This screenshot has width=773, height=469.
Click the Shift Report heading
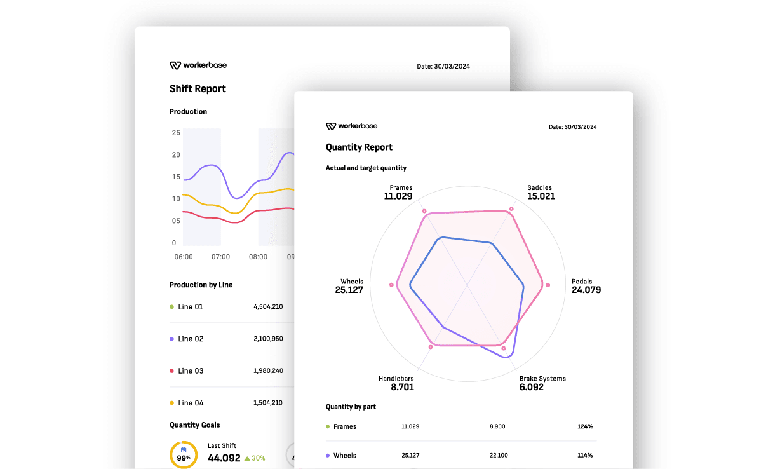pyautogui.click(x=198, y=89)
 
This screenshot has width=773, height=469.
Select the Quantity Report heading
pyautogui.click(x=359, y=147)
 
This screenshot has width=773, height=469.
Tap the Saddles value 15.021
pyautogui.click(x=541, y=196)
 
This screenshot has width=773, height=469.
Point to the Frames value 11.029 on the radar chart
pyautogui.click(x=398, y=196)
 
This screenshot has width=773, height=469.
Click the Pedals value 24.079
pyautogui.click(x=586, y=290)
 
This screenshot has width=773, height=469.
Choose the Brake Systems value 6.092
pyautogui.click(x=531, y=387)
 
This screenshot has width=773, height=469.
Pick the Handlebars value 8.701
pyautogui.click(x=402, y=387)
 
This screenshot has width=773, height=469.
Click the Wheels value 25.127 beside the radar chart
pyautogui.click(x=349, y=290)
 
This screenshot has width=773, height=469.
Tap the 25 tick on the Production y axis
pyautogui.click(x=176, y=133)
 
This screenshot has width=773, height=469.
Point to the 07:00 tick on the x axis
pyautogui.click(x=220, y=257)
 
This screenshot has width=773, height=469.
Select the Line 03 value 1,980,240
pyautogui.click(x=268, y=371)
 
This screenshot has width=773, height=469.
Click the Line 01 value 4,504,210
pyautogui.click(x=268, y=307)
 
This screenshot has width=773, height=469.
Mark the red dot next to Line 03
pyautogui.click(x=171, y=371)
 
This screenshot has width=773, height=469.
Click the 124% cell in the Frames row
pyautogui.click(x=585, y=426)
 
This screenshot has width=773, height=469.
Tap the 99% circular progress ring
pyautogui.click(x=184, y=454)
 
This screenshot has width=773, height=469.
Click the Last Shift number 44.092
pyautogui.click(x=224, y=458)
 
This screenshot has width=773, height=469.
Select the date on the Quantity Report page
pyautogui.click(x=572, y=127)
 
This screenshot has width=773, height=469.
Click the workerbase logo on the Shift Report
pyautogui.click(x=198, y=65)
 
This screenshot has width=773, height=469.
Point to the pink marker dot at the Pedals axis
pyautogui.click(x=548, y=285)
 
